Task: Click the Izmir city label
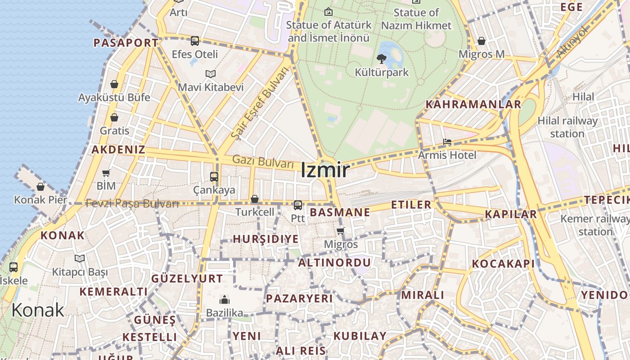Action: (325, 170)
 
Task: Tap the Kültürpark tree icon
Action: (382, 58)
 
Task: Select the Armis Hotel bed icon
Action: (447, 142)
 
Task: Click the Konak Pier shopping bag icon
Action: (40, 186)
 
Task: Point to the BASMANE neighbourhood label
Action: (340, 212)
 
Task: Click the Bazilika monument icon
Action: (224, 300)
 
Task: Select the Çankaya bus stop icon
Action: (214, 177)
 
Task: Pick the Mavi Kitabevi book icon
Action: (211, 74)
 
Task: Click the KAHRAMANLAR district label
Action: (473, 104)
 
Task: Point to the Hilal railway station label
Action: (567, 127)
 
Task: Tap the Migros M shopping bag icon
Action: (481, 41)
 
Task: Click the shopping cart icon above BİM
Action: (106, 173)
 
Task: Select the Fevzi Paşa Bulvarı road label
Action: (132, 203)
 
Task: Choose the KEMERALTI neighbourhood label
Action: (113, 292)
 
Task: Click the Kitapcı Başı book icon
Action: (80, 258)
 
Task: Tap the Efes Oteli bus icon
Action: (195, 41)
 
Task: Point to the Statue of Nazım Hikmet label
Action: (416, 19)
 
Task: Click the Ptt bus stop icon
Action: (297, 205)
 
